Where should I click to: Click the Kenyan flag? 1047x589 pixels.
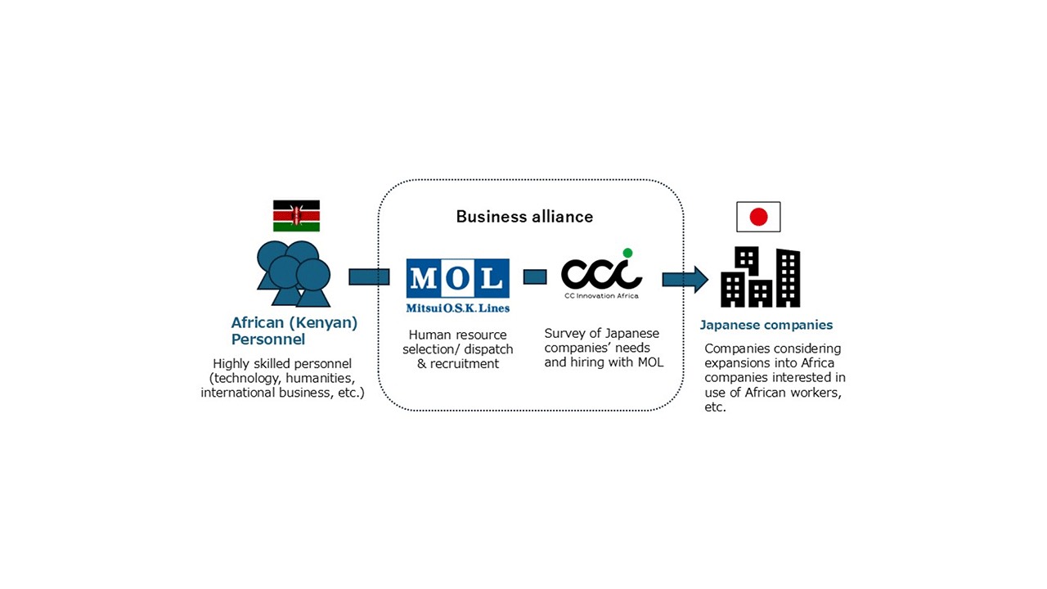click(x=296, y=216)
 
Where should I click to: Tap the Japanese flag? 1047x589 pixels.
click(x=758, y=217)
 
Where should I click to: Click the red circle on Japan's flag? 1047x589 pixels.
click(x=758, y=217)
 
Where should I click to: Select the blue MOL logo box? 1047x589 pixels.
click(x=457, y=278)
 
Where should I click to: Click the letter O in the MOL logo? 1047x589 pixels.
click(x=457, y=278)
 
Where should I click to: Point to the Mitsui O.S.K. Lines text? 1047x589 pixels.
click(x=457, y=308)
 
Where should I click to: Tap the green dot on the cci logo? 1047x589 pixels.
click(x=627, y=253)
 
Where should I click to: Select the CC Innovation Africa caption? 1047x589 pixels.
click(x=601, y=295)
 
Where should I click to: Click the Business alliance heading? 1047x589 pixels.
click(x=524, y=217)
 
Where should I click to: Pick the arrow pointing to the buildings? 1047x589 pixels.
click(x=685, y=280)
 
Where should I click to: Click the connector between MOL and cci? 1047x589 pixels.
click(x=535, y=277)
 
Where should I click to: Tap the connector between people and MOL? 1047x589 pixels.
click(x=369, y=277)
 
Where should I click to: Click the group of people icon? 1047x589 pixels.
click(x=294, y=274)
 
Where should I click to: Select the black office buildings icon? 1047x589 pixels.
click(x=761, y=277)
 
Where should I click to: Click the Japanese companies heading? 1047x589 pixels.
click(x=766, y=325)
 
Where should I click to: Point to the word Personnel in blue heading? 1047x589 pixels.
click(x=267, y=339)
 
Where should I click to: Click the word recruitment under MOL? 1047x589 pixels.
click(x=464, y=364)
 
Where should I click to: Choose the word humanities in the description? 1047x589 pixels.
click(x=320, y=378)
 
